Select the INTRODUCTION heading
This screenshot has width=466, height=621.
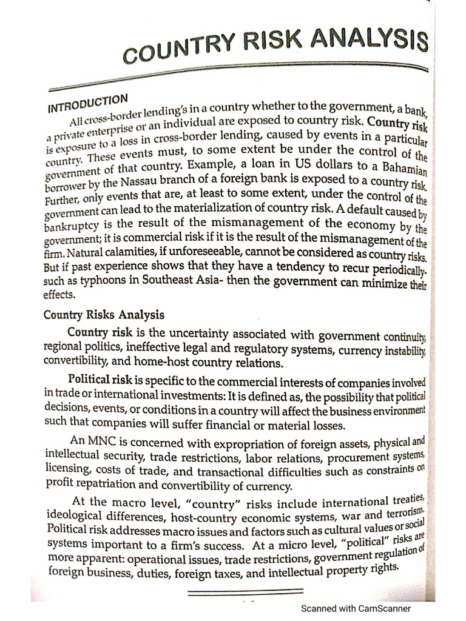pos(87,102)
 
